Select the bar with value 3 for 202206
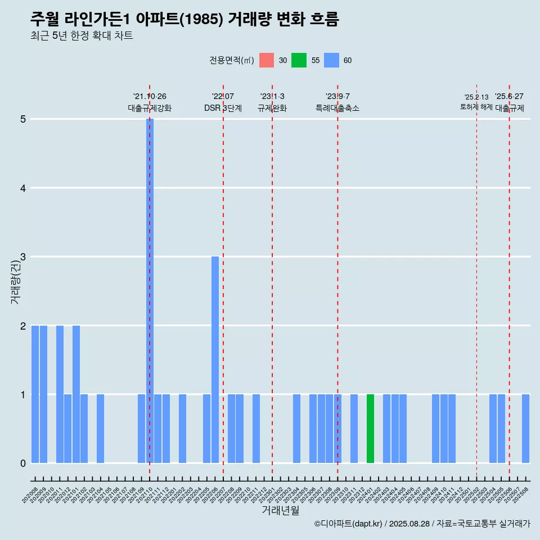[x=215, y=359]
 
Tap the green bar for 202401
[x=370, y=429]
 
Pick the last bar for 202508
[x=525, y=429]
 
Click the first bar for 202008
[x=35, y=394]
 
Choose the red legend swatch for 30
[x=267, y=60]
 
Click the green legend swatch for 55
[x=299, y=60]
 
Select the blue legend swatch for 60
[x=331, y=60]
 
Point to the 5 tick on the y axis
[x=23, y=119]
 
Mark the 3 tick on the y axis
[x=23, y=257]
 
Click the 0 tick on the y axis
[x=23, y=463]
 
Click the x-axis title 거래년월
[x=280, y=510]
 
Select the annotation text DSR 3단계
[x=223, y=108]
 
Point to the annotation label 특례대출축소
[x=337, y=108]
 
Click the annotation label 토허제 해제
[x=476, y=107]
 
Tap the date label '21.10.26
[x=150, y=97]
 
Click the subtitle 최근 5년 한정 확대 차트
[x=82, y=36]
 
